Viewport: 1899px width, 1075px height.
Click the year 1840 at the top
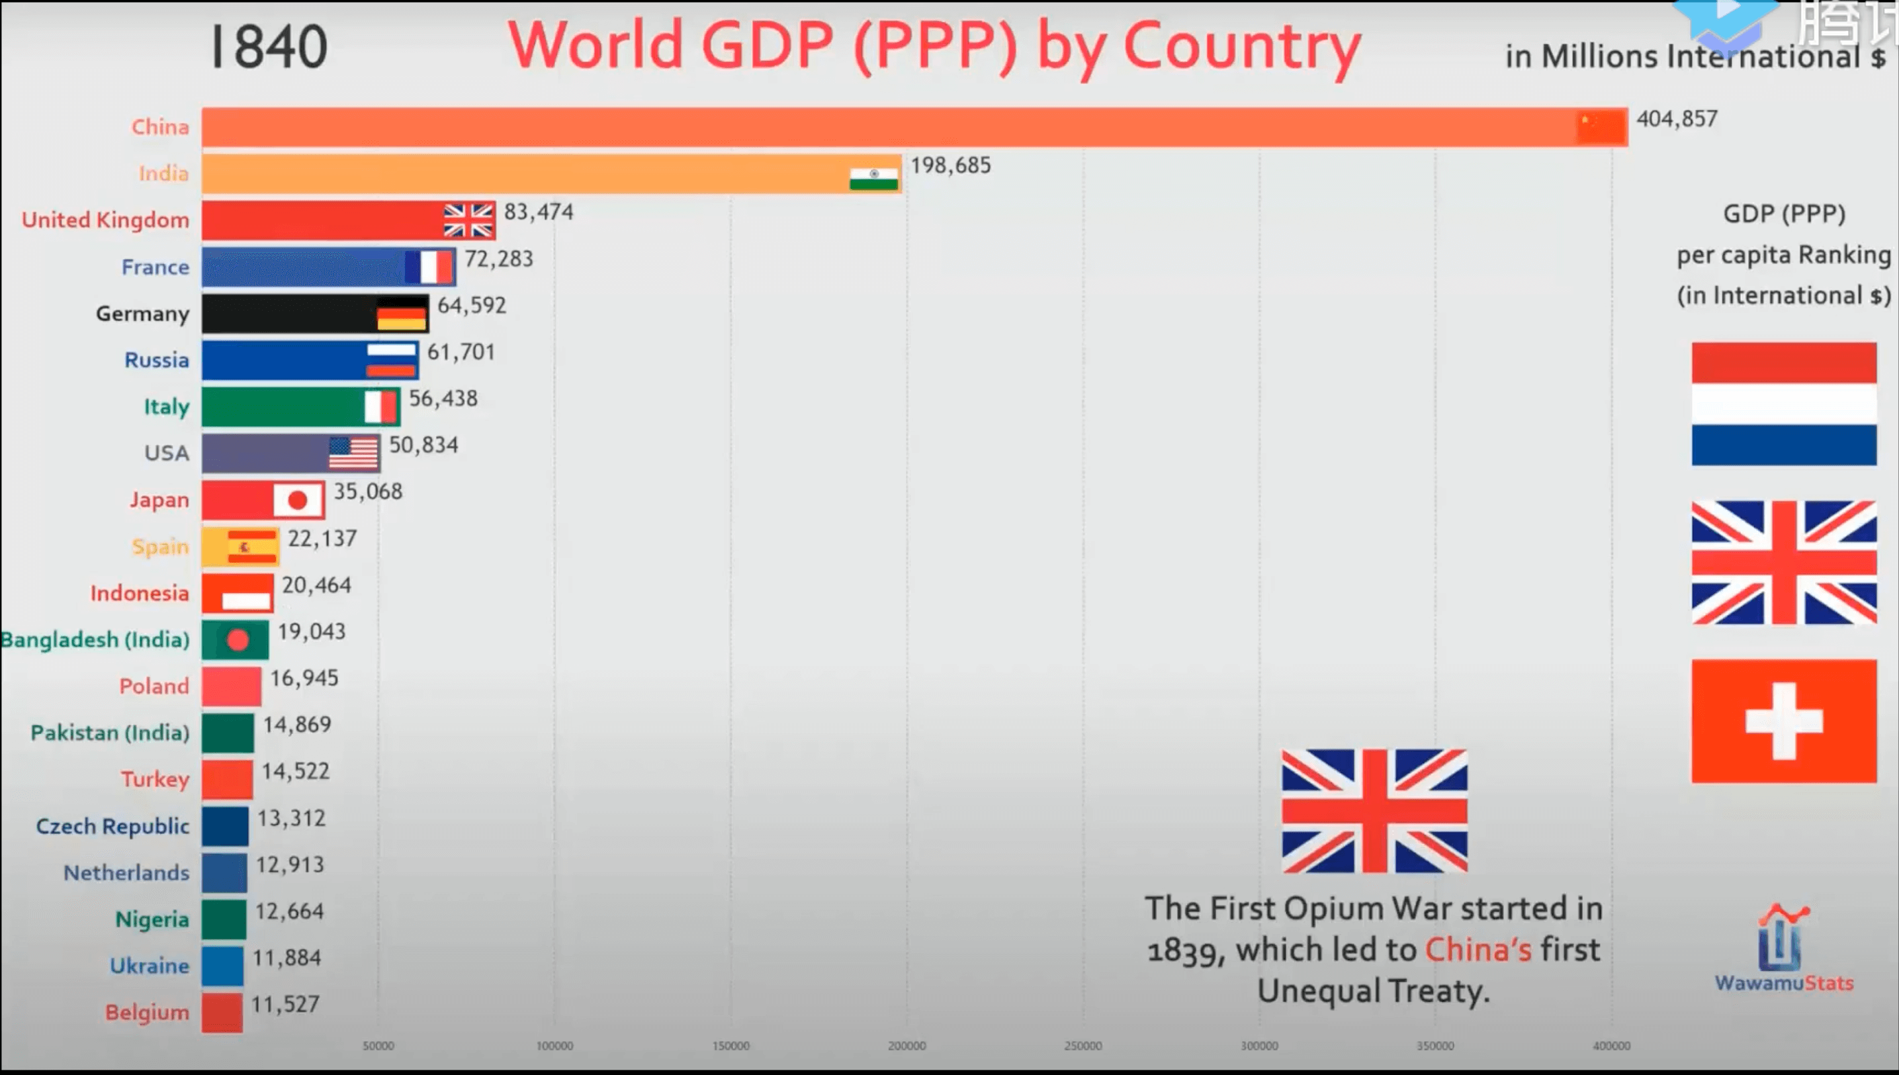coord(269,47)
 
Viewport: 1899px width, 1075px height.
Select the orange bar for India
coord(517,174)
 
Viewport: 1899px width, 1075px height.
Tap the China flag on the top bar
coord(1601,127)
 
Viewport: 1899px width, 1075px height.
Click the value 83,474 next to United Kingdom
coord(538,212)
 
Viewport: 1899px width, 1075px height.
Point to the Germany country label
coord(142,314)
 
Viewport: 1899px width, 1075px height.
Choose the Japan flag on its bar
coord(298,500)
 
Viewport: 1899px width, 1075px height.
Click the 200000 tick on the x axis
coord(906,1046)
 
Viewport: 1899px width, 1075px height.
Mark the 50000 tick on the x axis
coord(378,1046)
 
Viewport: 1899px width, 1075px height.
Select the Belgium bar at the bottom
coord(222,1012)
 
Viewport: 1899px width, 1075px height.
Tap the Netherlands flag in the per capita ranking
coord(1783,404)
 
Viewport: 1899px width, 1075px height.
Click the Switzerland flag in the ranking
coord(1783,721)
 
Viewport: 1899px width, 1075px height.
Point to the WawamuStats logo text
coord(1783,984)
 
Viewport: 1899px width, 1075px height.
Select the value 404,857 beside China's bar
coord(1677,119)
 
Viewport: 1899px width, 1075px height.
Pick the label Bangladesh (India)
coord(95,640)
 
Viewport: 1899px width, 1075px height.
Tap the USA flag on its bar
coord(353,453)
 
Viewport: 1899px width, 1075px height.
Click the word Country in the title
coord(1241,46)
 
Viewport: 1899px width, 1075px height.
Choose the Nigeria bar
coord(224,919)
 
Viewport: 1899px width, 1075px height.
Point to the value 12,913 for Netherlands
coord(289,865)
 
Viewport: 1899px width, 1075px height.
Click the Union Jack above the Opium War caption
coord(1374,811)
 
